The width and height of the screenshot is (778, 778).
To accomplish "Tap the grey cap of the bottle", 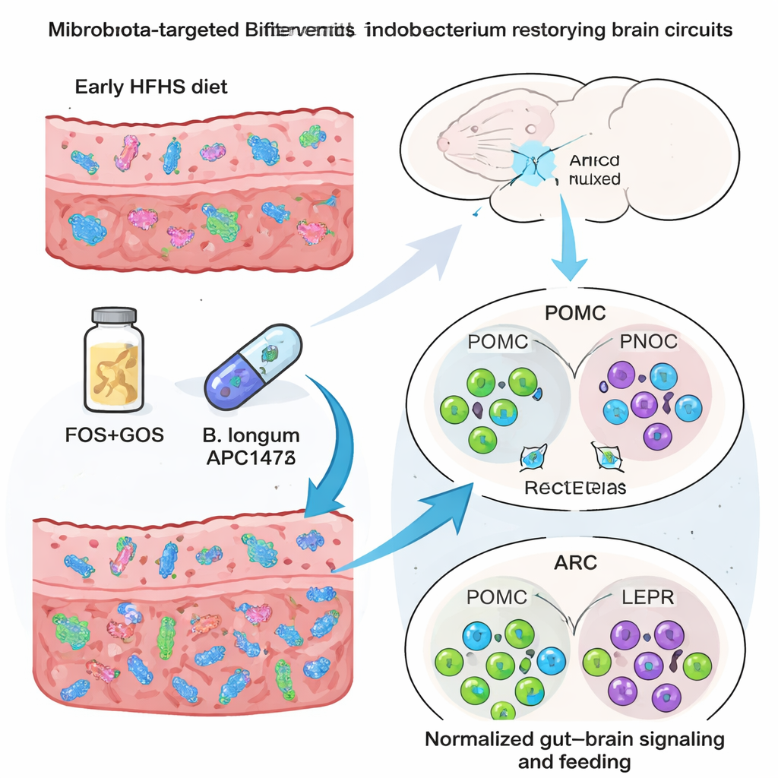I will pyautogui.click(x=114, y=314).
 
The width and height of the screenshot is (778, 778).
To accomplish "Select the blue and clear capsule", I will pyautogui.click(x=254, y=362).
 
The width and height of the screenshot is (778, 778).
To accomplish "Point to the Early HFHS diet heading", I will pyautogui.click(x=151, y=86).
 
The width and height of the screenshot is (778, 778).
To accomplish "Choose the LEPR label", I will pyautogui.click(x=647, y=596).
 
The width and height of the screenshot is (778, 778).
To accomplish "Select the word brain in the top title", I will pyautogui.click(x=606, y=30).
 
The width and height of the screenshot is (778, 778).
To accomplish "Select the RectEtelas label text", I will pyautogui.click(x=576, y=487).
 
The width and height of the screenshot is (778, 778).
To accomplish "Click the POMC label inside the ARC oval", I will pyautogui.click(x=497, y=596).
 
